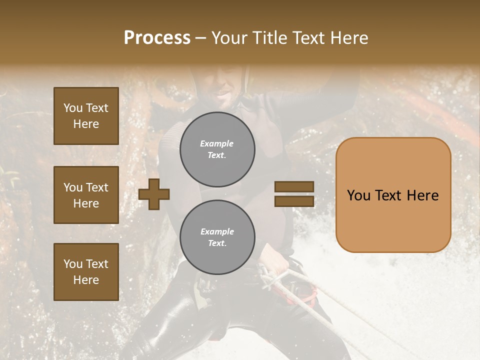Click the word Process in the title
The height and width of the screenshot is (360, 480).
click(157, 38)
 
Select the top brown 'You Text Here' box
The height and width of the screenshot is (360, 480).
click(86, 116)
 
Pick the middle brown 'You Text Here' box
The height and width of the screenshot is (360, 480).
click(86, 195)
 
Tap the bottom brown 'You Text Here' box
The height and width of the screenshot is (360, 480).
click(86, 272)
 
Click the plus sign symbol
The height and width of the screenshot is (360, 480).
click(154, 194)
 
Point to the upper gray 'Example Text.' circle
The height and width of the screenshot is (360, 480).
click(217, 149)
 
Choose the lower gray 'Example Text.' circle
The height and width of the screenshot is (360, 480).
click(217, 237)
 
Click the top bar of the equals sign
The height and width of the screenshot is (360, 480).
click(294, 187)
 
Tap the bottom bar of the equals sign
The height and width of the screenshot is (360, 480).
click(294, 201)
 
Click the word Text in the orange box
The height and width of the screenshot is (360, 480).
click(391, 195)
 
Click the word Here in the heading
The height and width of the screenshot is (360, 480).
click(350, 38)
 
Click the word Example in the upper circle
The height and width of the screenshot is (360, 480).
click(216, 143)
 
